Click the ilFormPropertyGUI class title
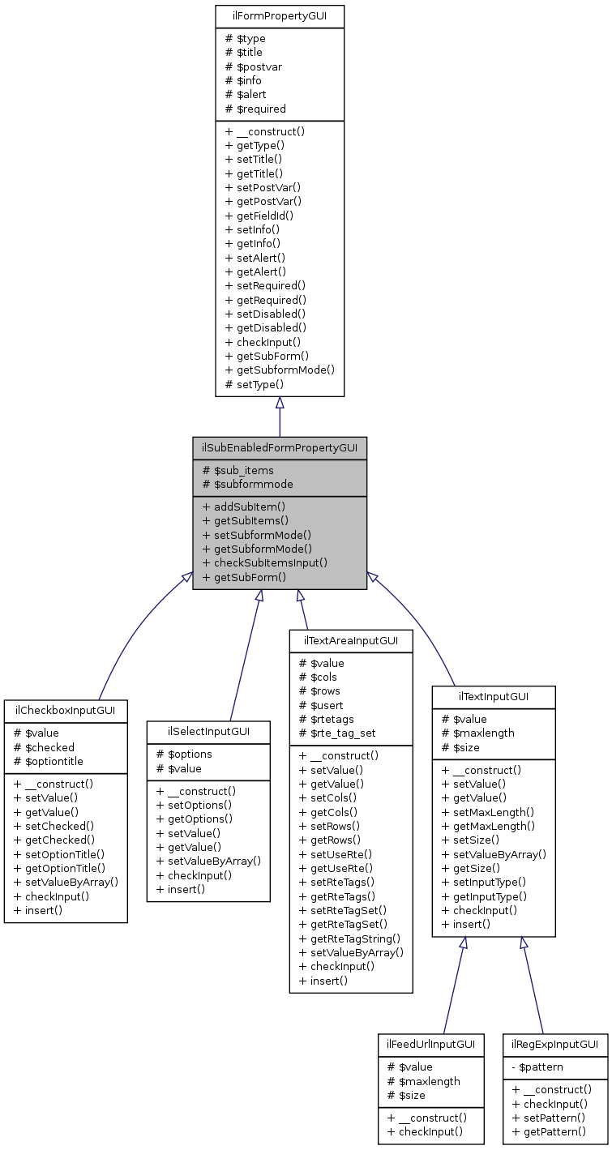pos(279,15)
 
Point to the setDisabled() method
pos(265,314)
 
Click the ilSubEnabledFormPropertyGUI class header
pos(279,447)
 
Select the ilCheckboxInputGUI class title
pos(66,711)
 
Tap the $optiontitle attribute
pos(49,761)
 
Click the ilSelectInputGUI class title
pos(208,732)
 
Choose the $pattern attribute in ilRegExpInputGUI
pos(537,1067)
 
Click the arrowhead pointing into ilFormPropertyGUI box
pos(279,403)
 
